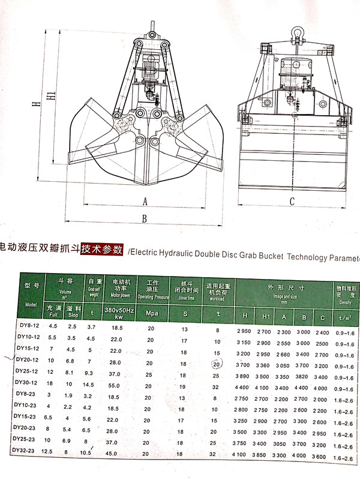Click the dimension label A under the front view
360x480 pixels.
145,201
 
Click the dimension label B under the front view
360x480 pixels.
144,219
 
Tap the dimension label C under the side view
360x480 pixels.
292,202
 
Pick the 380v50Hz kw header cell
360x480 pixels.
118,313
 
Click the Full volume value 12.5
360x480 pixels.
52,451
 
